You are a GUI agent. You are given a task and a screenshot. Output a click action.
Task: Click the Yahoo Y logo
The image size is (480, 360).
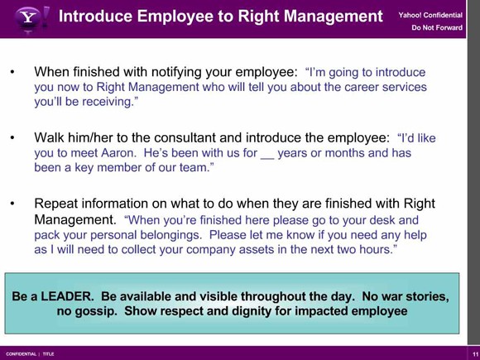[x=28, y=18]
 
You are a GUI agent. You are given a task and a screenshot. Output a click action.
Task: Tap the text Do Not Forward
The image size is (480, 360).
[x=437, y=27]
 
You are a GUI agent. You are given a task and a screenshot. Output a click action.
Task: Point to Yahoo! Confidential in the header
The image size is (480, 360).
[x=430, y=15]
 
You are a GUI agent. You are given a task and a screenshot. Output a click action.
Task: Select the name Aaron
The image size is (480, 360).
[x=119, y=152]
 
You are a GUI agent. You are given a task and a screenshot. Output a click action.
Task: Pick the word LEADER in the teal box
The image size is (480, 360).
[x=67, y=296]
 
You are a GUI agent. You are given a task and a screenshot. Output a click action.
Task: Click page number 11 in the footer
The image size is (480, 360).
[x=475, y=354]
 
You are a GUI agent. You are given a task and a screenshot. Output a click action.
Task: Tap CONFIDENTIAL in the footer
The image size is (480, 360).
[x=22, y=354]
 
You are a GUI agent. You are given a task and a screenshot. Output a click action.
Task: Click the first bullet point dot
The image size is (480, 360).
[x=12, y=72]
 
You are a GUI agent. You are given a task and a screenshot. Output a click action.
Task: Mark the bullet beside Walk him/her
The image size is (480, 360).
[x=12, y=138]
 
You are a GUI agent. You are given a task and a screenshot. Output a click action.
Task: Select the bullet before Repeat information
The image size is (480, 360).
[x=12, y=204]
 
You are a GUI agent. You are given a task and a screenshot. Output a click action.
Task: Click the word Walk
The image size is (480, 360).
[x=49, y=137]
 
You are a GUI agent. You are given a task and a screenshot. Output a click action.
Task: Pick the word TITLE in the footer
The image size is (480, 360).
[x=48, y=354]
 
